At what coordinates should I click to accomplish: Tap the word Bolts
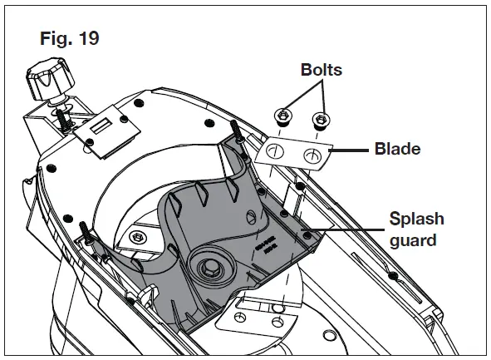tap(321, 71)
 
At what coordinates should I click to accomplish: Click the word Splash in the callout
tap(416, 219)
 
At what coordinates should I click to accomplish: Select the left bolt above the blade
tap(282, 115)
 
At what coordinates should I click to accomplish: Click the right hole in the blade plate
tap(312, 155)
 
